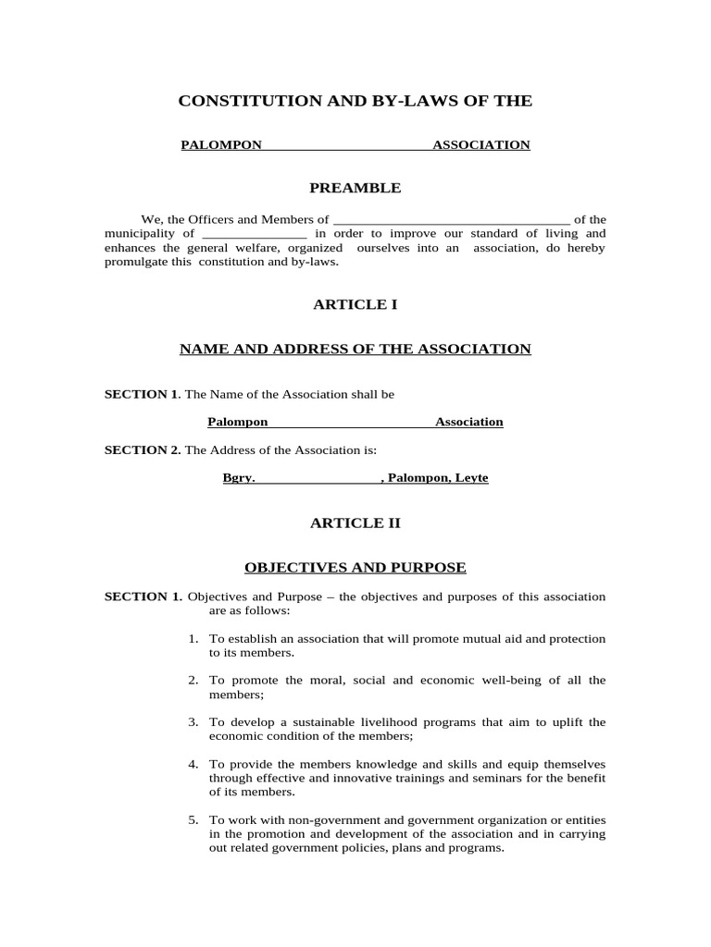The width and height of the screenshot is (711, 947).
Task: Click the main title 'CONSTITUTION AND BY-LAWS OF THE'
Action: coord(355,101)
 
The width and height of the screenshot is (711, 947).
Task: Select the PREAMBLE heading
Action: coord(355,188)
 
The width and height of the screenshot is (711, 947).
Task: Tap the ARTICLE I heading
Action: coord(355,303)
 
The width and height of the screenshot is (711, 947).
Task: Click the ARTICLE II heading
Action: coord(355,523)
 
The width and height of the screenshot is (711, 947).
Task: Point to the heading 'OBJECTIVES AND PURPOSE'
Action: coord(355,567)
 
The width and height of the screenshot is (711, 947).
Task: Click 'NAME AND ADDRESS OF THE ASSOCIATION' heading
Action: coord(355,349)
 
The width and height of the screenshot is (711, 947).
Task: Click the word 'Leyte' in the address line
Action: coord(471,478)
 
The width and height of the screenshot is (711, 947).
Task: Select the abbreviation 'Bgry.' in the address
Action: coord(239,478)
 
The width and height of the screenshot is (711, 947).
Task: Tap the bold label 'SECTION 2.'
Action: coord(143,450)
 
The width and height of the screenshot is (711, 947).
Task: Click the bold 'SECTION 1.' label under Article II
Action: coord(143,596)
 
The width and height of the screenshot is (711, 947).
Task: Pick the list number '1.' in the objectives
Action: coord(193,639)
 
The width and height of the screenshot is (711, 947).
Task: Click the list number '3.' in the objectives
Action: coord(193,722)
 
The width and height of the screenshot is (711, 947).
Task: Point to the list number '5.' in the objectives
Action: coord(193,820)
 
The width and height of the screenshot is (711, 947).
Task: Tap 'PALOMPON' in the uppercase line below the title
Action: coord(221,145)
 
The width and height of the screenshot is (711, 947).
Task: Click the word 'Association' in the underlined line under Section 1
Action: coord(469,422)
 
